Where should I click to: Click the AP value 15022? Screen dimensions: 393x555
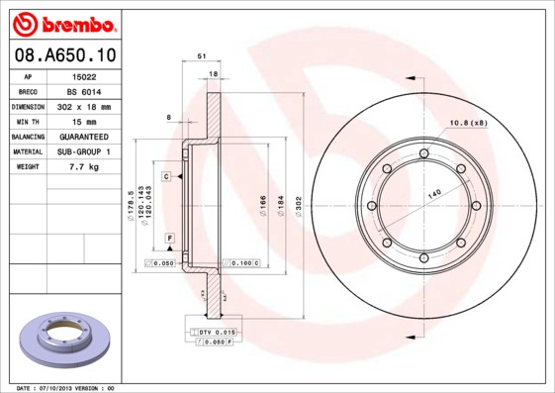(x=83, y=76)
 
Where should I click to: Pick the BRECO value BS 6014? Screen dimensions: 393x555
(x=83, y=91)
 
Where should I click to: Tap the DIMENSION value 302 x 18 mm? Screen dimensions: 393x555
(x=83, y=106)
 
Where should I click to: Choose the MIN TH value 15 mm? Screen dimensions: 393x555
(x=83, y=121)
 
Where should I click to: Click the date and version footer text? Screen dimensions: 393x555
(x=66, y=388)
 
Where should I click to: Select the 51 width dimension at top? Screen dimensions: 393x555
(x=202, y=58)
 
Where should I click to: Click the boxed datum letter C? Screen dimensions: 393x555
(x=167, y=175)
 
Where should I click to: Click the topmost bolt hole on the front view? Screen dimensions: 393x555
(x=423, y=153)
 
